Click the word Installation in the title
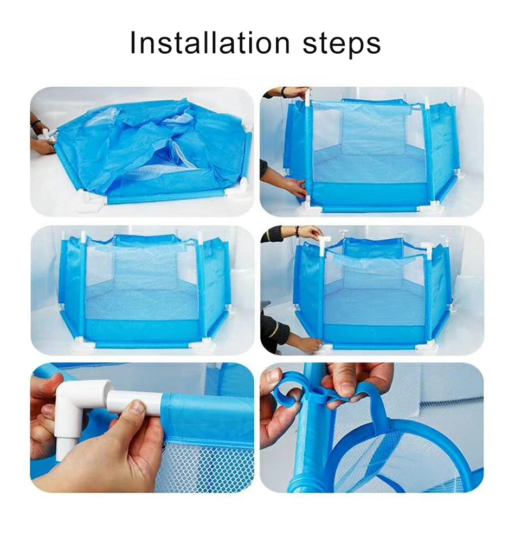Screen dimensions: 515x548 click(209, 43)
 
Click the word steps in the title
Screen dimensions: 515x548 click(342, 44)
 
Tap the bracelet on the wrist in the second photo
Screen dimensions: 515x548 click(284, 92)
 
